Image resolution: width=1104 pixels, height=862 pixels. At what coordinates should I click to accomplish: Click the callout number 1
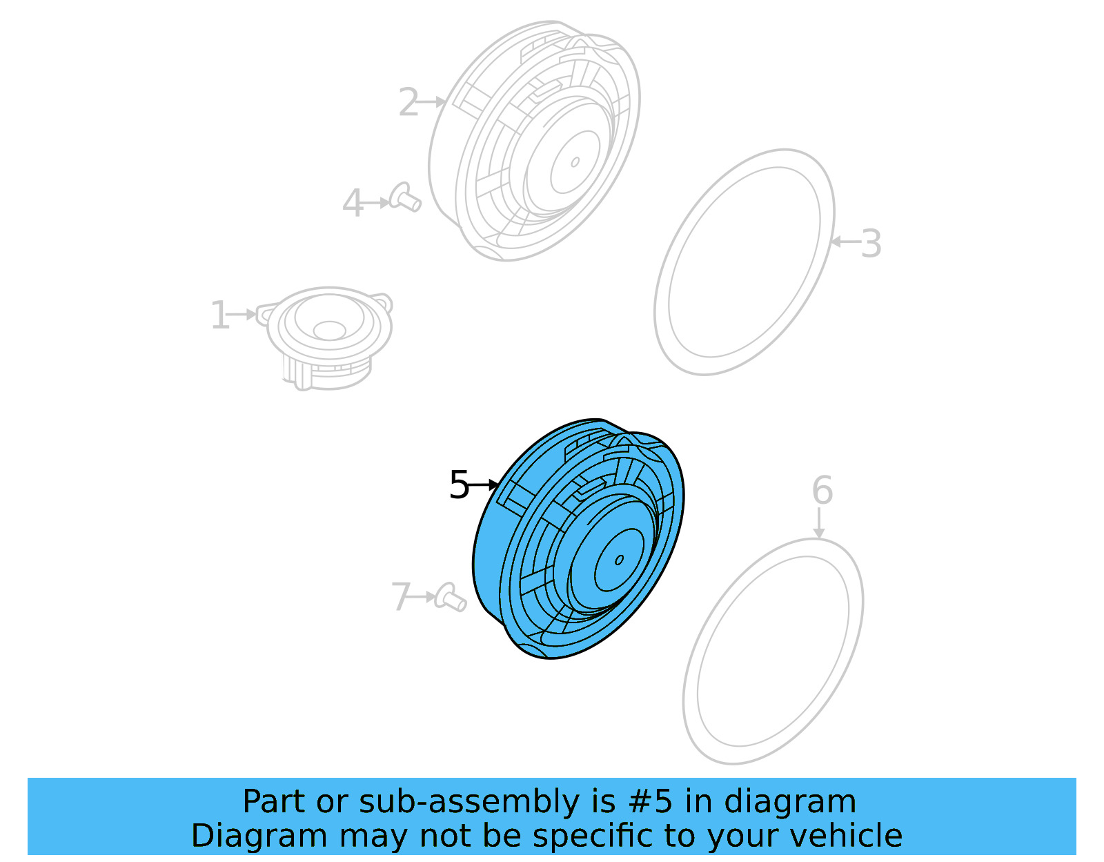pos(219,315)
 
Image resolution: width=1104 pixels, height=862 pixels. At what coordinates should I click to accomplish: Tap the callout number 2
pos(408,103)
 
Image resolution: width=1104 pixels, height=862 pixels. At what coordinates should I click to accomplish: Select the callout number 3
pos(871,244)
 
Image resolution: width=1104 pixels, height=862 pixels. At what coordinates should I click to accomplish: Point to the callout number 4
pos(353,204)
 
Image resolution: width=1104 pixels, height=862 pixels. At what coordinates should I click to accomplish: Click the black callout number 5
pos(459,484)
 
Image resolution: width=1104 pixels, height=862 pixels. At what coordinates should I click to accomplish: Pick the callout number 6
pos(822,491)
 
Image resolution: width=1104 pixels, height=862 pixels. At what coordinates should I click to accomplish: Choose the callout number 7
pos(401,596)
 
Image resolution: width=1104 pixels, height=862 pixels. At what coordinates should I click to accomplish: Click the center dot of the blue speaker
pos(619,560)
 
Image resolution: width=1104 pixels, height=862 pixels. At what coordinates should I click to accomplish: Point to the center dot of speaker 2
pos(575,163)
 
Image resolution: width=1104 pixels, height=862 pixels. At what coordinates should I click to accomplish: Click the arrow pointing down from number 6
pos(818,524)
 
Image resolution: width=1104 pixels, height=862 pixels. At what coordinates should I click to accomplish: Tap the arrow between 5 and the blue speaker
pos(484,484)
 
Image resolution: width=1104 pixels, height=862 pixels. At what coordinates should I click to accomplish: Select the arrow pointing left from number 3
pos(845,242)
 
